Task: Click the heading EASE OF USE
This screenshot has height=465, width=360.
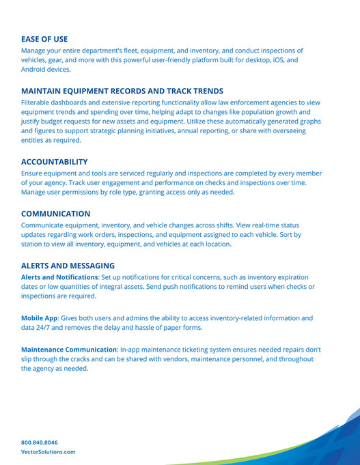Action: (x=44, y=39)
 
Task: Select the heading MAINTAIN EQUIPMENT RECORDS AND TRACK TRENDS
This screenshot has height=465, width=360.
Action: (x=122, y=91)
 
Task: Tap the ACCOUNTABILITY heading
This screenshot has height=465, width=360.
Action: (x=54, y=162)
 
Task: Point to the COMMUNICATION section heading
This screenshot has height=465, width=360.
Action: (x=55, y=214)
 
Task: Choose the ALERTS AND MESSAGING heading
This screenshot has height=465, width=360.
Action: (x=68, y=266)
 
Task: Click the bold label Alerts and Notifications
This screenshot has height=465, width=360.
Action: (x=59, y=277)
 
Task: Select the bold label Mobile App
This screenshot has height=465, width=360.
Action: (x=42, y=318)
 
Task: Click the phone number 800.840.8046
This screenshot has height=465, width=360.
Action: (x=40, y=442)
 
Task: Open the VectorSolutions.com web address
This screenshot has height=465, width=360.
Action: (x=49, y=452)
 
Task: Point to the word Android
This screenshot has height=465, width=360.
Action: (x=37, y=70)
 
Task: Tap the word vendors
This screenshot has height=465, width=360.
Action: (x=184, y=359)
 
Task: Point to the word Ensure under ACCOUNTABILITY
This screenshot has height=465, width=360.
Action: (x=35, y=173)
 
